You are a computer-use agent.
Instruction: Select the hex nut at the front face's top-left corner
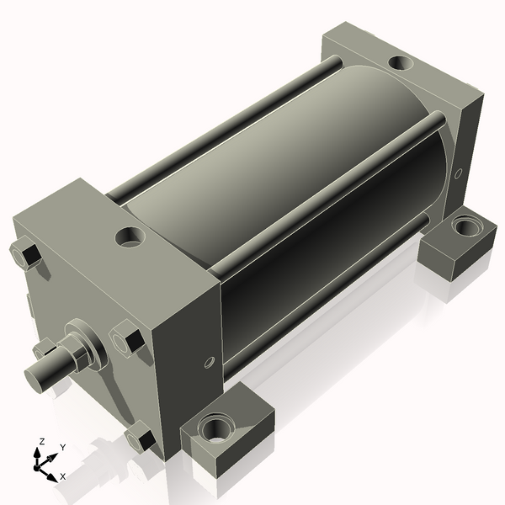pyautogui.click(x=25, y=254)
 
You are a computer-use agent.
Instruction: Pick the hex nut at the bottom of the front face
pyautogui.click(x=140, y=439)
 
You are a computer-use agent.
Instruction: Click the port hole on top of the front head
pyautogui.click(x=130, y=237)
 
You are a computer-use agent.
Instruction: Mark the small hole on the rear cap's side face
pyautogui.click(x=458, y=174)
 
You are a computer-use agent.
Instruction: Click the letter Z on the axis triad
pyautogui.click(x=41, y=442)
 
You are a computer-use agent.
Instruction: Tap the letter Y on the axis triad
pyautogui.click(x=62, y=449)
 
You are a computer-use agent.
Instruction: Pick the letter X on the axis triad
pyautogui.click(x=62, y=476)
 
